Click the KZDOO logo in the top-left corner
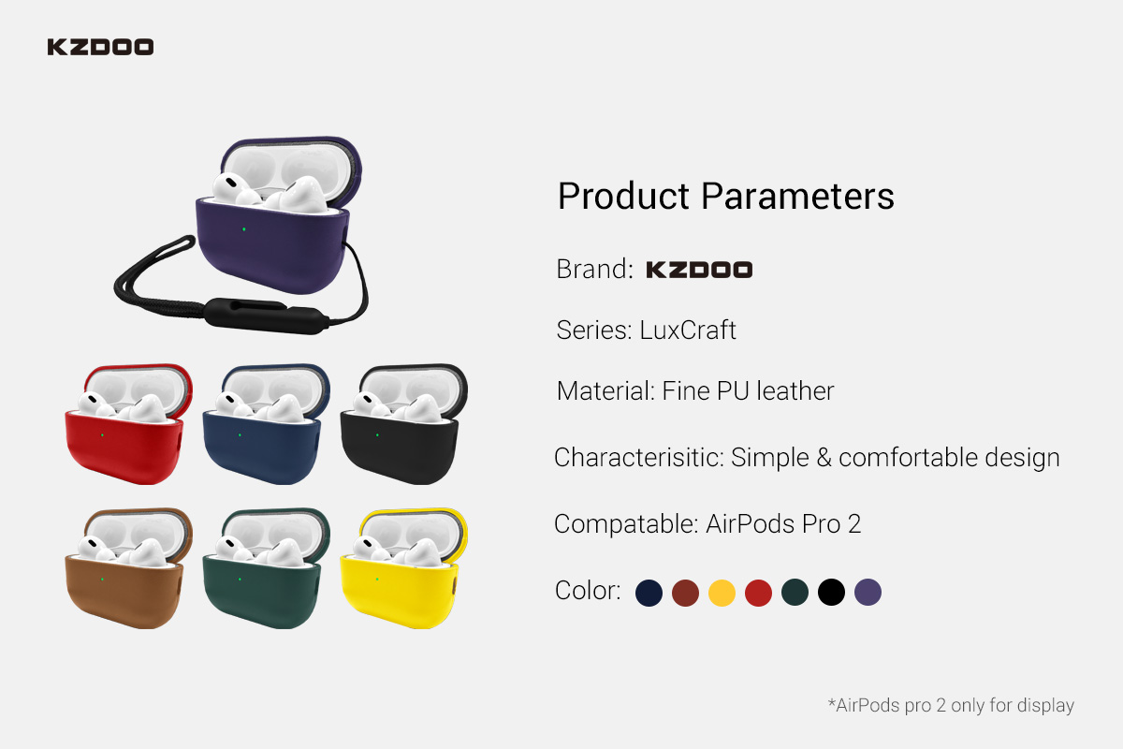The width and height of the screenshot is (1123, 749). [x=100, y=47]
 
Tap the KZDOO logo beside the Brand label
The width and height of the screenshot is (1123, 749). [x=699, y=270]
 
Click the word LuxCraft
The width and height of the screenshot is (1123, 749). [x=688, y=330]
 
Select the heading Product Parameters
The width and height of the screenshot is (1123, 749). [x=726, y=197]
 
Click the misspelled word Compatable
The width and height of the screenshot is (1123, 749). [x=626, y=524]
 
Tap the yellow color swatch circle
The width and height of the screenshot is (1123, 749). [x=722, y=593]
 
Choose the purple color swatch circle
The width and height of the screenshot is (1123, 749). [x=868, y=593]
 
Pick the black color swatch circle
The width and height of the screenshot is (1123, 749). [x=831, y=593]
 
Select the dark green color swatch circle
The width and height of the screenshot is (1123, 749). [x=795, y=593]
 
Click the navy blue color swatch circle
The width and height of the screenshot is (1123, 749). [x=649, y=593]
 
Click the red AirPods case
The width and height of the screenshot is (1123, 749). [x=128, y=424]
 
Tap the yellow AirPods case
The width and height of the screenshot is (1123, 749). [x=404, y=569]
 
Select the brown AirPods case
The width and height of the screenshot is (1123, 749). [x=128, y=569]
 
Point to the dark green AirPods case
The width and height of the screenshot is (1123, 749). [x=266, y=569]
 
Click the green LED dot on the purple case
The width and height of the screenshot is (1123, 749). [x=244, y=229]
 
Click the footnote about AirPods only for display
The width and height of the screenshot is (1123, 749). [x=951, y=705]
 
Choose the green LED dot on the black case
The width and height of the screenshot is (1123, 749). [x=377, y=435]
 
